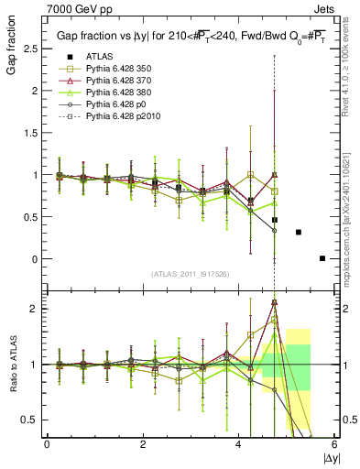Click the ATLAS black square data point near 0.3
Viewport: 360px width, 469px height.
(299, 232)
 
